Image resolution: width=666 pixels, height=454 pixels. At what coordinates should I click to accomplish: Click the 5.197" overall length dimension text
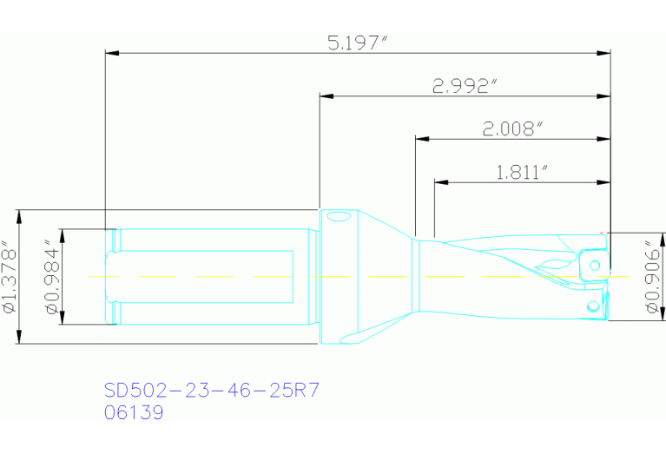pyautogui.click(x=356, y=43)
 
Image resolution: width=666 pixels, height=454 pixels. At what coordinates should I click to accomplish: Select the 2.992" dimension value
pyautogui.click(x=465, y=86)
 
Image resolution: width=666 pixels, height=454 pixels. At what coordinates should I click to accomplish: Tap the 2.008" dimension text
pyautogui.click(x=513, y=128)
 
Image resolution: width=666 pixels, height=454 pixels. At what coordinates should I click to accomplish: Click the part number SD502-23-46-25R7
pyautogui.click(x=212, y=391)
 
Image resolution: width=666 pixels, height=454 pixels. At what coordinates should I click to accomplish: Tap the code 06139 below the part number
pyautogui.click(x=134, y=414)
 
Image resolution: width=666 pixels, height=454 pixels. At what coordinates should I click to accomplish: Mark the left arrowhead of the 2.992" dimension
pyautogui.click(x=326, y=96)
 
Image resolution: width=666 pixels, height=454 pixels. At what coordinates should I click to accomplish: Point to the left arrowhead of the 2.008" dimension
pyautogui.click(x=420, y=139)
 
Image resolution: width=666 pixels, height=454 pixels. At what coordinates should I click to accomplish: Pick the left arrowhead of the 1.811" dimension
pyautogui.click(x=440, y=182)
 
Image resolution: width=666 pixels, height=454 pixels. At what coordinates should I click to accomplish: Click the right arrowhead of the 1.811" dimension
pyautogui.click(x=605, y=182)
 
